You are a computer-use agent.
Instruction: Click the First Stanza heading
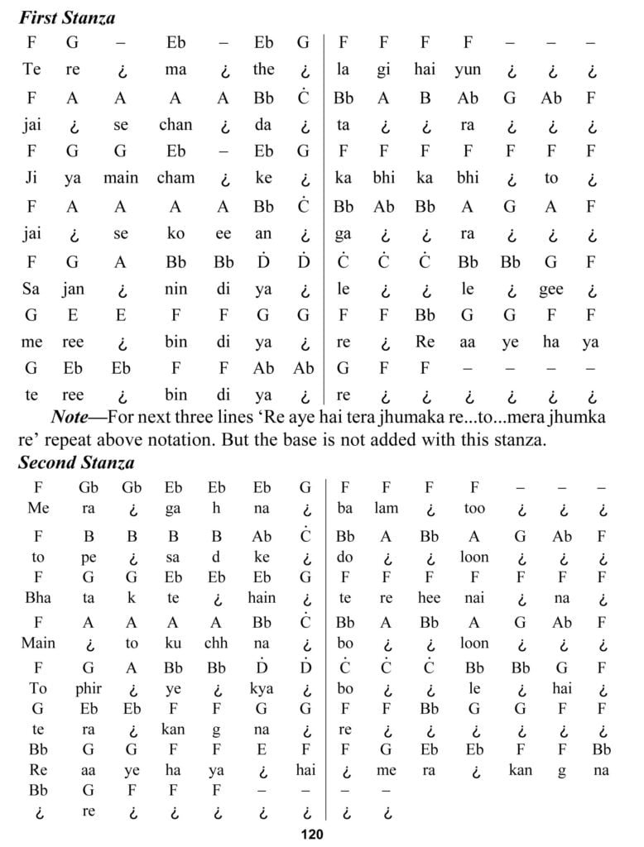pyautogui.click(x=67, y=17)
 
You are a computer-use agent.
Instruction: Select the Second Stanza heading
pyautogui.click(x=76, y=462)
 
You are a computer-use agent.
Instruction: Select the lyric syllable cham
pyautogui.click(x=175, y=178)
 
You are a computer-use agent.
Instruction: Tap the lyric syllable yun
pyautogui.click(x=468, y=69)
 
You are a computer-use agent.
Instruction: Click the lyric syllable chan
pyautogui.click(x=175, y=125)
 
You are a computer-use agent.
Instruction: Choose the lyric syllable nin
pyautogui.click(x=175, y=290)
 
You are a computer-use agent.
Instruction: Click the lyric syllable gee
pyautogui.click(x=550, y=290)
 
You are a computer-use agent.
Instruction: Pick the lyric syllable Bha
pyautogui.click(x=38, y=597)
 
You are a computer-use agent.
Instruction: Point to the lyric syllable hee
pyautogui.click(x=429, y=597)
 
